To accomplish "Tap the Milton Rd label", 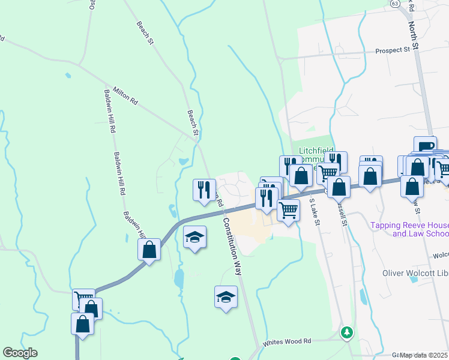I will (x=122, y=95).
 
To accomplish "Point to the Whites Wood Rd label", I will (x=287, y=342).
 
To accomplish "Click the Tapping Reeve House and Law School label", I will (x=409, y=229).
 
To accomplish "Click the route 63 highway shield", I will (x=394, y=3).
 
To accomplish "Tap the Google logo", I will (x=19, y=352).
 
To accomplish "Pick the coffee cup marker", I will (x=425, y=146).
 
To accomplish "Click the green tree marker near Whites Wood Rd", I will (x=346, y=332).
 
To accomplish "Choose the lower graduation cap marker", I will (x=226, y=297).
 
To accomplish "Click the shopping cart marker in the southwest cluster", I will (x=83, y=299).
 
